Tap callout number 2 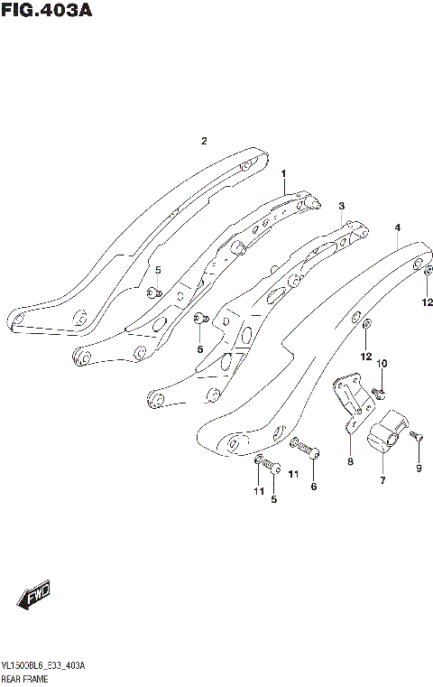(205, 141)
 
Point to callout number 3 (342, 206)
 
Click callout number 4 (397, 228)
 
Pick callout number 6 (314, 487)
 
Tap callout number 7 (382, 480)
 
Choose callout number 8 (350, 462)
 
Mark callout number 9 (418, 468)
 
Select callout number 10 (382, 364)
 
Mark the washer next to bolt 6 (295, 442)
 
